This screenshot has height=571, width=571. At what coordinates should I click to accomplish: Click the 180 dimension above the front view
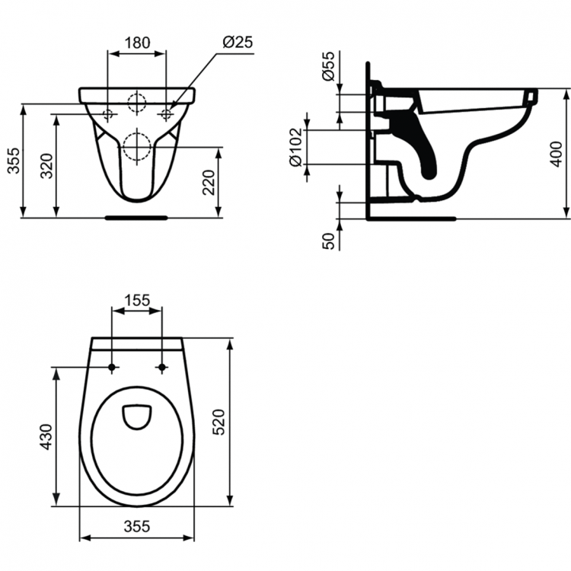[137, 43]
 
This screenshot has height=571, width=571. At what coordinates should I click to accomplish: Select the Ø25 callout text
[238, 43]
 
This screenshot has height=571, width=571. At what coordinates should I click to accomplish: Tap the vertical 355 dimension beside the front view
[13, 160]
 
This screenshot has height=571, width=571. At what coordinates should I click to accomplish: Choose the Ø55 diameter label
[328, 68]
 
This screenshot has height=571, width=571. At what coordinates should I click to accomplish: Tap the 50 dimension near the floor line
[328, 241]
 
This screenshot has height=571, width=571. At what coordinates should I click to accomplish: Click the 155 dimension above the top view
[137, 300]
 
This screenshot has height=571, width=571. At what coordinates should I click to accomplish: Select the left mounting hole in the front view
[107, 114]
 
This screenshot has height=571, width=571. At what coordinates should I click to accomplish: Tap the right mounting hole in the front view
[166, 114]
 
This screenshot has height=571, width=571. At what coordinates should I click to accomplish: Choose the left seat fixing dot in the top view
[113, 368]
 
